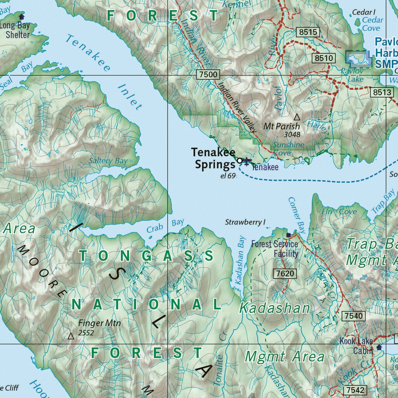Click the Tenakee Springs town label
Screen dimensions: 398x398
pyautogui.click(x=213, y=159)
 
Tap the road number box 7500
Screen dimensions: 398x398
pyautogui.click(x=208, y=74)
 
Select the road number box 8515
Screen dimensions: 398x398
pyautogui.click(x=309, y=32)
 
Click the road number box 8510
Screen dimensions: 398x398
pyautogui.click(x=324, y=58)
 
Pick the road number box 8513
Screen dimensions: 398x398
pyautogui.click(x=381, y=92)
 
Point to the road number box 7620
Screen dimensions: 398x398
pyautogui.click(x=285, y=274)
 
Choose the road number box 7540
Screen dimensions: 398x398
pyautogui.click(x=354, y=316)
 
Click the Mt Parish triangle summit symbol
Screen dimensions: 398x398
pyautogui.click(x=297, y=117)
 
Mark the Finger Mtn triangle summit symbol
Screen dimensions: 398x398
pyautogui.click(x=71, y=336)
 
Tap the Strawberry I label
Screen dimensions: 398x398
pyautogui.click(x=245, y=222)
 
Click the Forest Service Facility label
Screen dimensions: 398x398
pyautogui.click(x=274, y=249)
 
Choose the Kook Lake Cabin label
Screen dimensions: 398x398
pyautogui.click(x=356, y=346)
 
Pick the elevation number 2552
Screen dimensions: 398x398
pyautogui.click(x=86, y=333)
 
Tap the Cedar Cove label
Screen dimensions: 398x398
pyautogui.click(x=372, y=24)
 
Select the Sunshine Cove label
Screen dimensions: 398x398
pyautogui.click(x=288, y=149)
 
